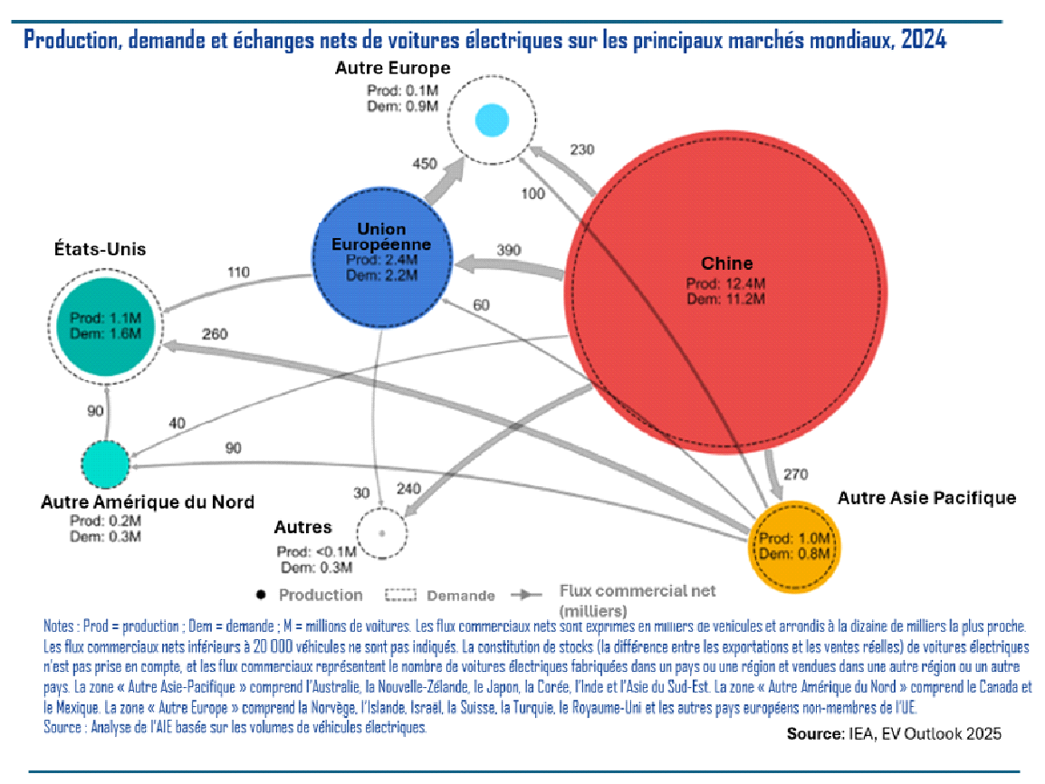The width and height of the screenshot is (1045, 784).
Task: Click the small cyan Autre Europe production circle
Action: click(491, 120)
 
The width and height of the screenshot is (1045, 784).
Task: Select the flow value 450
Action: click(425, 164)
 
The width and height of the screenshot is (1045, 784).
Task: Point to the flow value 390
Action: click(510, 249)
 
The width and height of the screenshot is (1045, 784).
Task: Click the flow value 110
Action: click(238, 271)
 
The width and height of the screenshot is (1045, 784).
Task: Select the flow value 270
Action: click(794, 473)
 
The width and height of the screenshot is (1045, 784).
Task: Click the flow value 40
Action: click(177, 423)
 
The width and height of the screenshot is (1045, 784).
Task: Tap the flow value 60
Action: click(481, 305)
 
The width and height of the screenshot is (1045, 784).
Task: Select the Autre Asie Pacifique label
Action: click(926, 498)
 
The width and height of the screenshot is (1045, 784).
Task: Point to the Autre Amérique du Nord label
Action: click(148, 502)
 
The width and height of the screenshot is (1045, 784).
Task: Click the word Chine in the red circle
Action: click(726, 263)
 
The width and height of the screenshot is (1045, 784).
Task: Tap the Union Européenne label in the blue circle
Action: click(381, 237)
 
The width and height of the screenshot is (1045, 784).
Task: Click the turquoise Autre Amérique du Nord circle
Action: click(106, 462)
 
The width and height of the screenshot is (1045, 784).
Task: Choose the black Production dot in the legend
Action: click(261, 595)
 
